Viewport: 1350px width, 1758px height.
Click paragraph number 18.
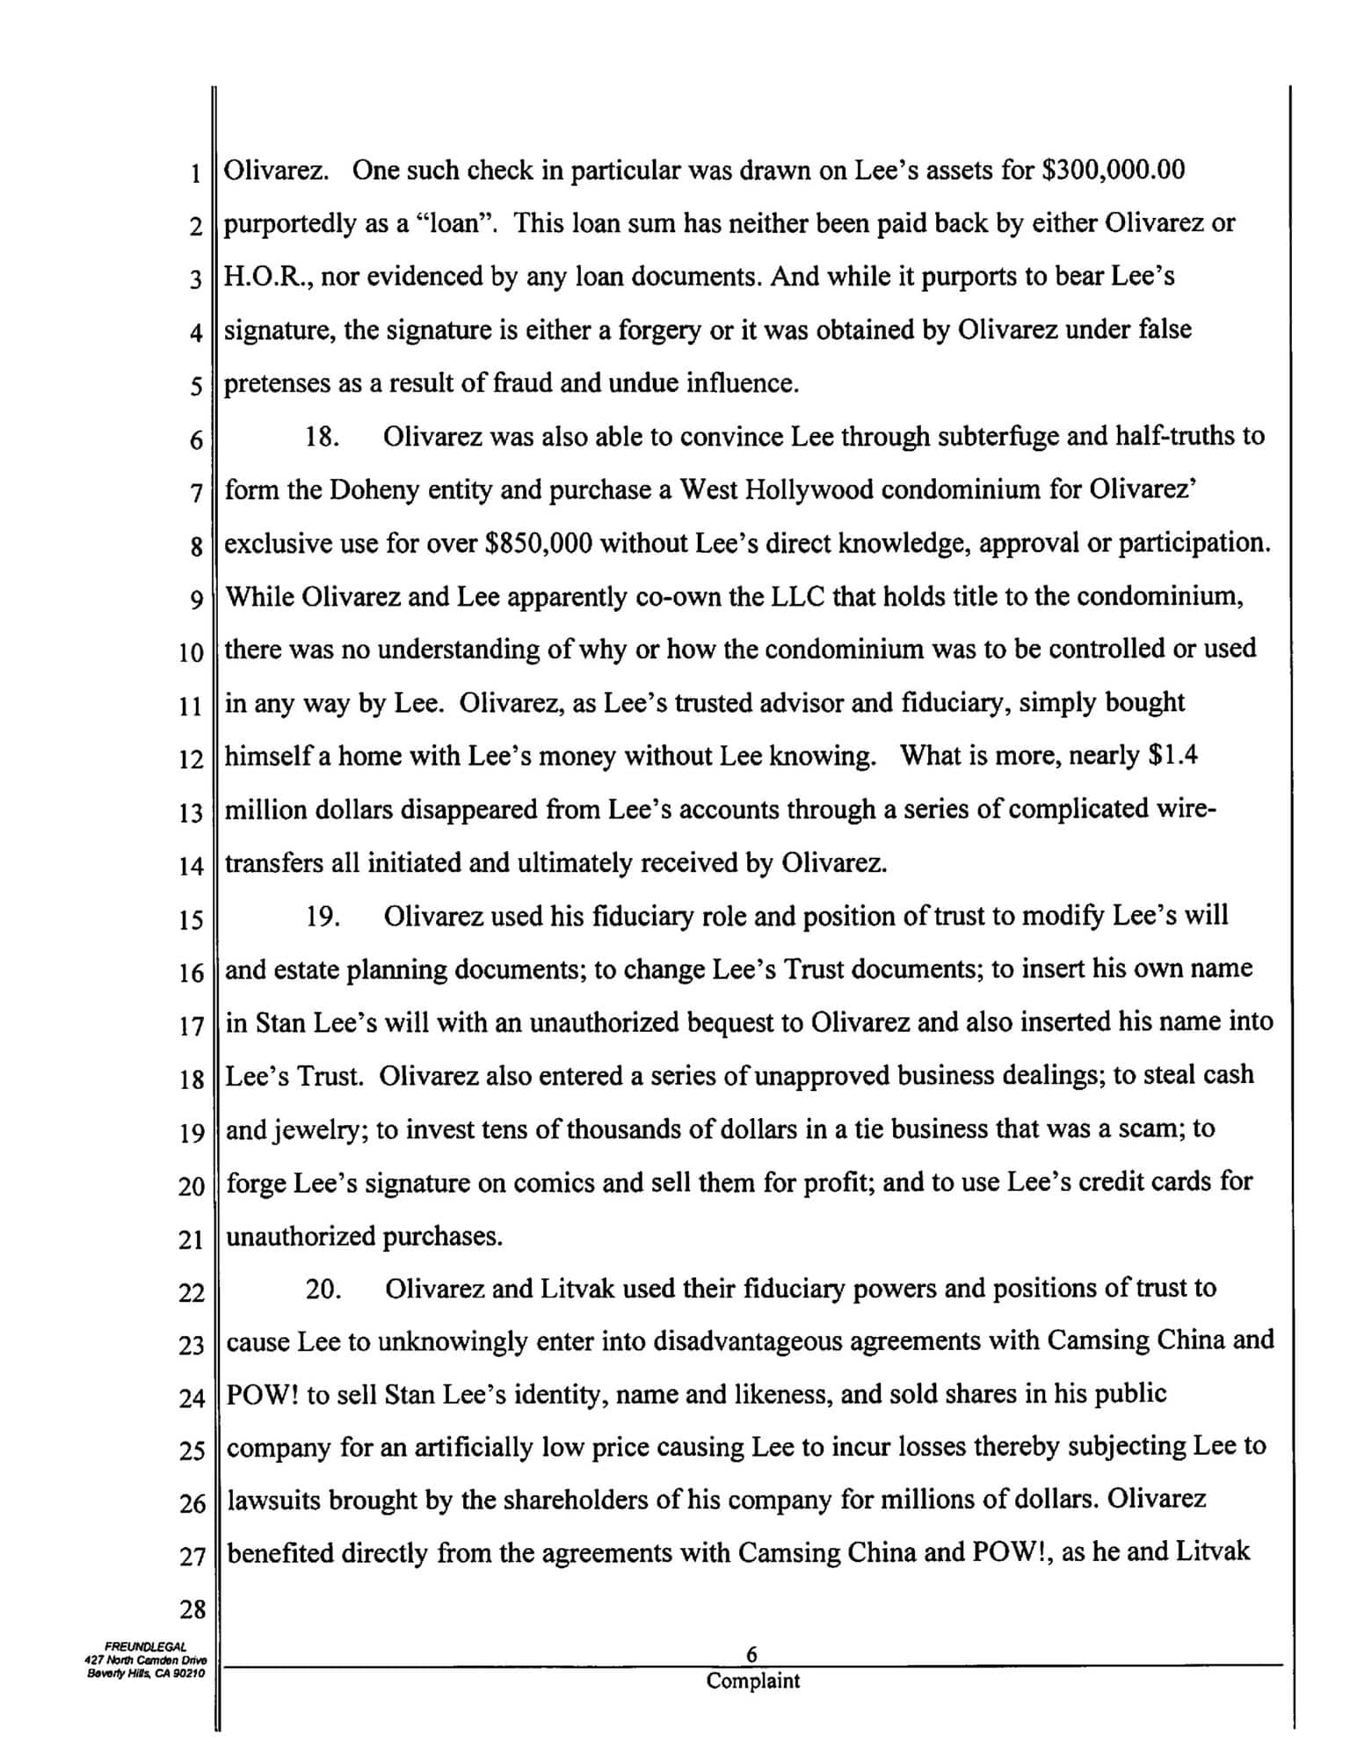tap(323, 437)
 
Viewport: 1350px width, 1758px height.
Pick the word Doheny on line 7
tap(374, 490)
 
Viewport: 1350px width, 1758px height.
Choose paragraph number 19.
tap(323, 916)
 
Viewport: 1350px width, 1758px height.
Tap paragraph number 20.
tap(323, 1289)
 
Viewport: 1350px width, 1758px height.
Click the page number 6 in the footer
tap(752, 1655)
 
